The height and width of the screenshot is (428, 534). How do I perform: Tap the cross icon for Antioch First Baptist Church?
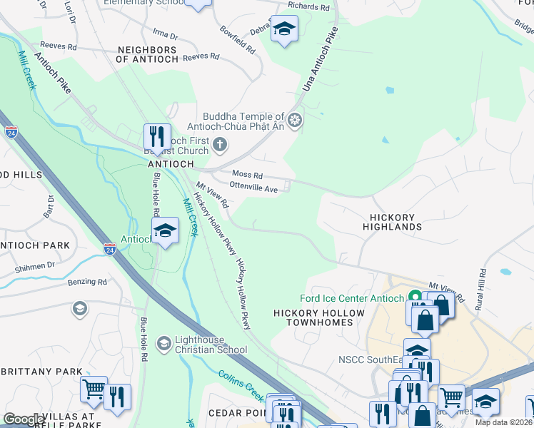[220, 146]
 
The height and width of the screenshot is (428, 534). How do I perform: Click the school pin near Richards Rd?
[284, 29]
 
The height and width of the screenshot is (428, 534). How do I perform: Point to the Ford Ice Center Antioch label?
[351, 298]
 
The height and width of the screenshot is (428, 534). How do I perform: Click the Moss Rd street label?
[247, 175]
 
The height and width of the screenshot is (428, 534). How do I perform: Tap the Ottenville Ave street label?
[253, 189]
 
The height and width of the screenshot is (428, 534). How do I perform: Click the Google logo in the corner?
[24, 419]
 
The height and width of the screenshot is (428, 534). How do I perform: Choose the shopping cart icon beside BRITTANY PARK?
[93, 389]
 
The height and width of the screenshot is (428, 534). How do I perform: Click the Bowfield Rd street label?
[238, 41]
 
